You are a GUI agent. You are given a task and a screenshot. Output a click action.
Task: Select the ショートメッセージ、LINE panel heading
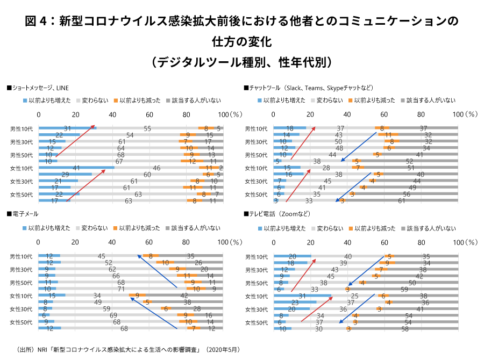38,88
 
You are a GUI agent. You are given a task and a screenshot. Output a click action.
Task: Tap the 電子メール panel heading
19,214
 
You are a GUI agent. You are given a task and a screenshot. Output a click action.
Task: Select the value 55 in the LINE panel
147,128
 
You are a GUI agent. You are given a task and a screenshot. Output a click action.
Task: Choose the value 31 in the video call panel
302,296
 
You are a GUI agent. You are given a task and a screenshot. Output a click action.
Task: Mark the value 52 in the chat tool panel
410,161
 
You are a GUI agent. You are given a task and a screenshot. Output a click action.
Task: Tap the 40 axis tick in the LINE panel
112,114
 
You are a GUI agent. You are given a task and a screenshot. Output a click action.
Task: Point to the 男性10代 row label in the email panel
22,256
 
